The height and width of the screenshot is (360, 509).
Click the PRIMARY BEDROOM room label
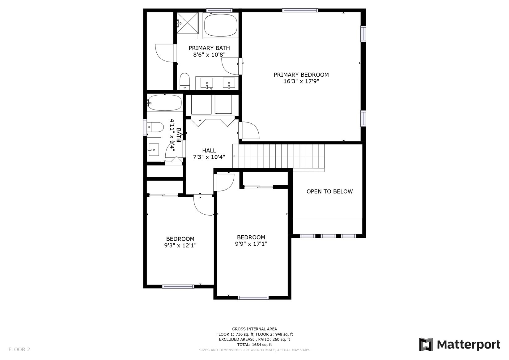(301, 75)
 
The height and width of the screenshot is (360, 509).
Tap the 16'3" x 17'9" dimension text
(301, 81)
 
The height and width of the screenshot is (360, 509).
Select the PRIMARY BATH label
(209, 48)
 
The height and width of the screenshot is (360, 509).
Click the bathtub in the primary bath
(221, 25)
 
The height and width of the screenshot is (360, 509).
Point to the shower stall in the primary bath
(188, 23)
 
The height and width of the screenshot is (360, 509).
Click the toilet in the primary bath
(185, 81)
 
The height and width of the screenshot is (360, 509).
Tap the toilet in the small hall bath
(155, 127)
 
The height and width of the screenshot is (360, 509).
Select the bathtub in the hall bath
(164, 103)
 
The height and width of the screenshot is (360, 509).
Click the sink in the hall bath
(154, 149)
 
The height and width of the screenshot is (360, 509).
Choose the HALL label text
(209, 150)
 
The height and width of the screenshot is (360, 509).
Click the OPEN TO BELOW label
(329, 191)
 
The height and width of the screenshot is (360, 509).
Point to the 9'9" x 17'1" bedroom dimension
(251, 244)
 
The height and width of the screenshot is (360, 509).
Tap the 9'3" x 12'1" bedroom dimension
(180, 245)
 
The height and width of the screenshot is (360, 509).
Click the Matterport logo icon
(426, 345)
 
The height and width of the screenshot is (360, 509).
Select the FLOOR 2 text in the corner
(19, 349)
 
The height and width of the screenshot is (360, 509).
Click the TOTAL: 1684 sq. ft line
(255, 345)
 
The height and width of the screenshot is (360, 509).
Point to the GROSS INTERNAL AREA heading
(255, 329)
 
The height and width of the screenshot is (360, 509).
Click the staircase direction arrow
(278, 156)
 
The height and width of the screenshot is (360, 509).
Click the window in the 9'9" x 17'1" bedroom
(253, 298)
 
